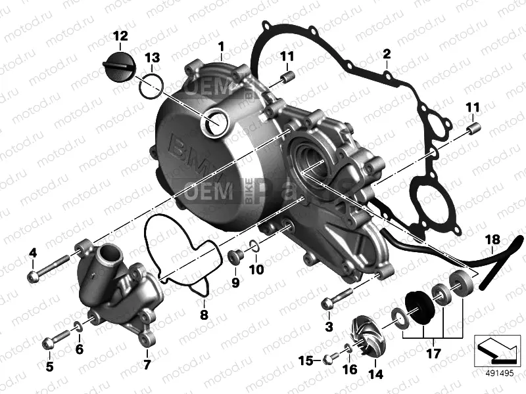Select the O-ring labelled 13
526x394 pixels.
click(x=151, y=83)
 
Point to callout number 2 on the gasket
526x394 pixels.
click(x=387, y=53)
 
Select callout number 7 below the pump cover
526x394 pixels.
click(x=147, y=364)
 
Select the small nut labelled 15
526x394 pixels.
click(x=329, y=359)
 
